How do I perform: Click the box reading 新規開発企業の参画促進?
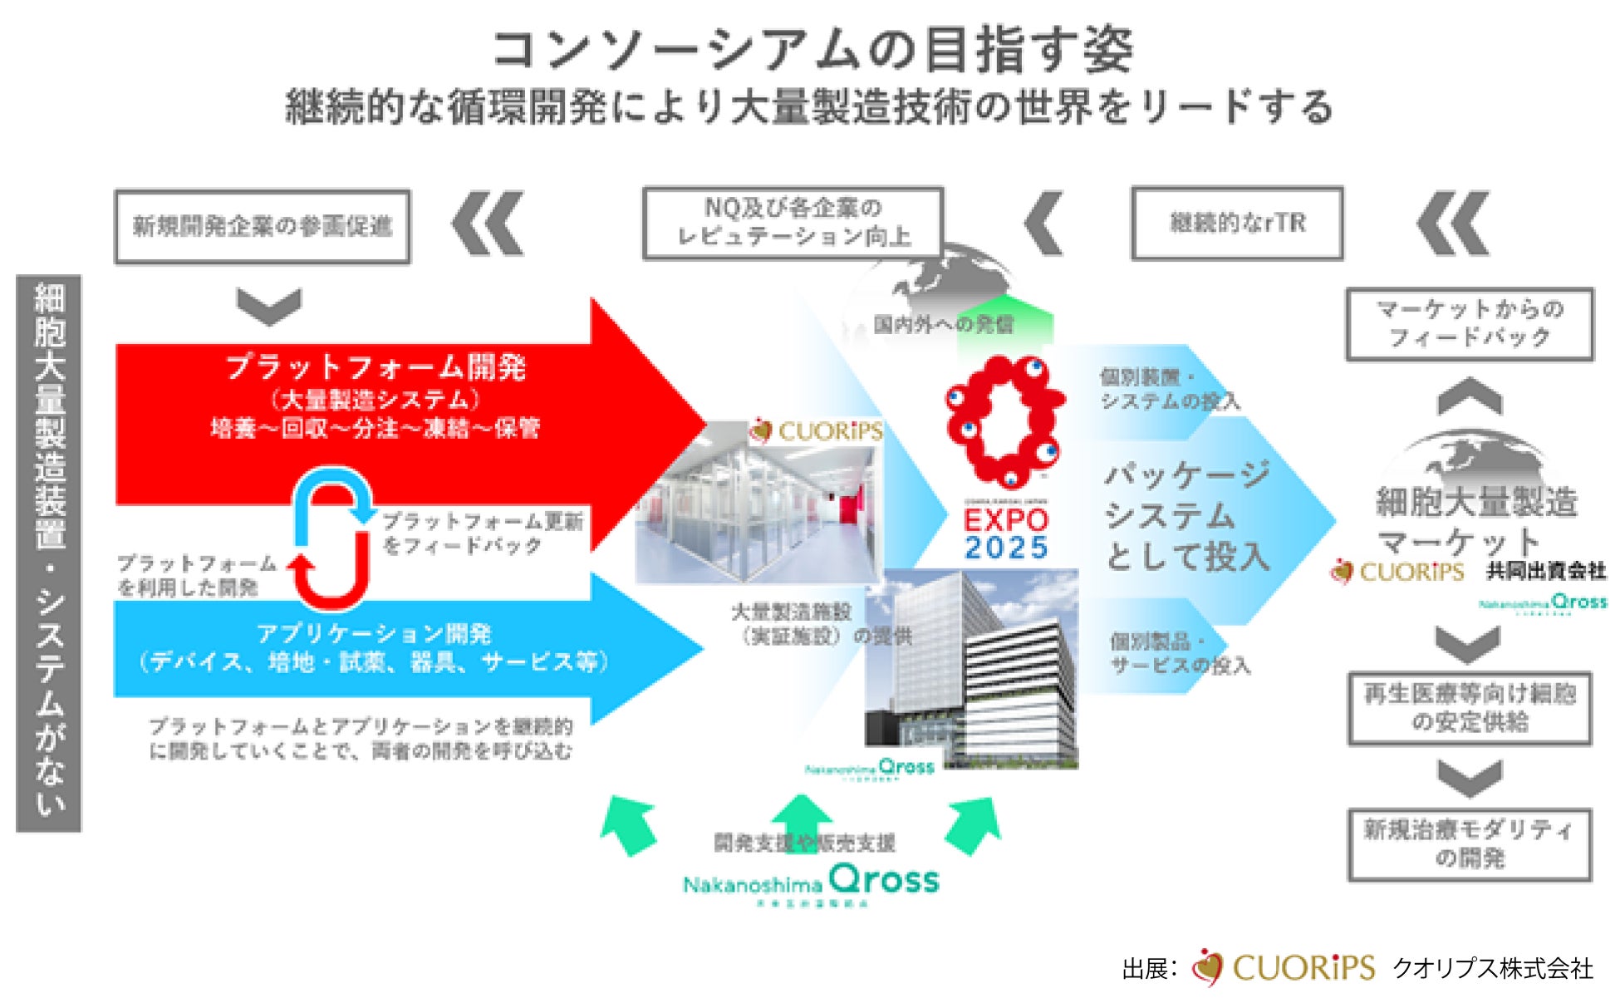coord(262,226)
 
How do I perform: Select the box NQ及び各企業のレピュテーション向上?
coord(793,223)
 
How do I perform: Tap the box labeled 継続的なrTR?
coord(1237,223)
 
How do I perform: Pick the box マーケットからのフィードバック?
coord(1469,323)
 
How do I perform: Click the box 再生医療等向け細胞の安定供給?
coord(1469,708)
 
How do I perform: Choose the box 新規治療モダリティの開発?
coord(1469,844)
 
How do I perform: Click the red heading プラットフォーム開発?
coord(376,366)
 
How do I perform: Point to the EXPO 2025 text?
coord(1006,533)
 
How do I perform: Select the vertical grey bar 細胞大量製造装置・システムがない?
coord(49,553)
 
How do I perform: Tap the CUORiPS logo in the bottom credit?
coord(1284,968)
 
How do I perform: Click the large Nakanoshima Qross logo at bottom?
coord(811,883)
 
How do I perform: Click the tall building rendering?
coord(972,665)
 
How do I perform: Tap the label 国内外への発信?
coord(943,324)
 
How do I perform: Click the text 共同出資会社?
coord(1545,571)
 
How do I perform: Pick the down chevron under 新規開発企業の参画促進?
coord(268,305)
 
